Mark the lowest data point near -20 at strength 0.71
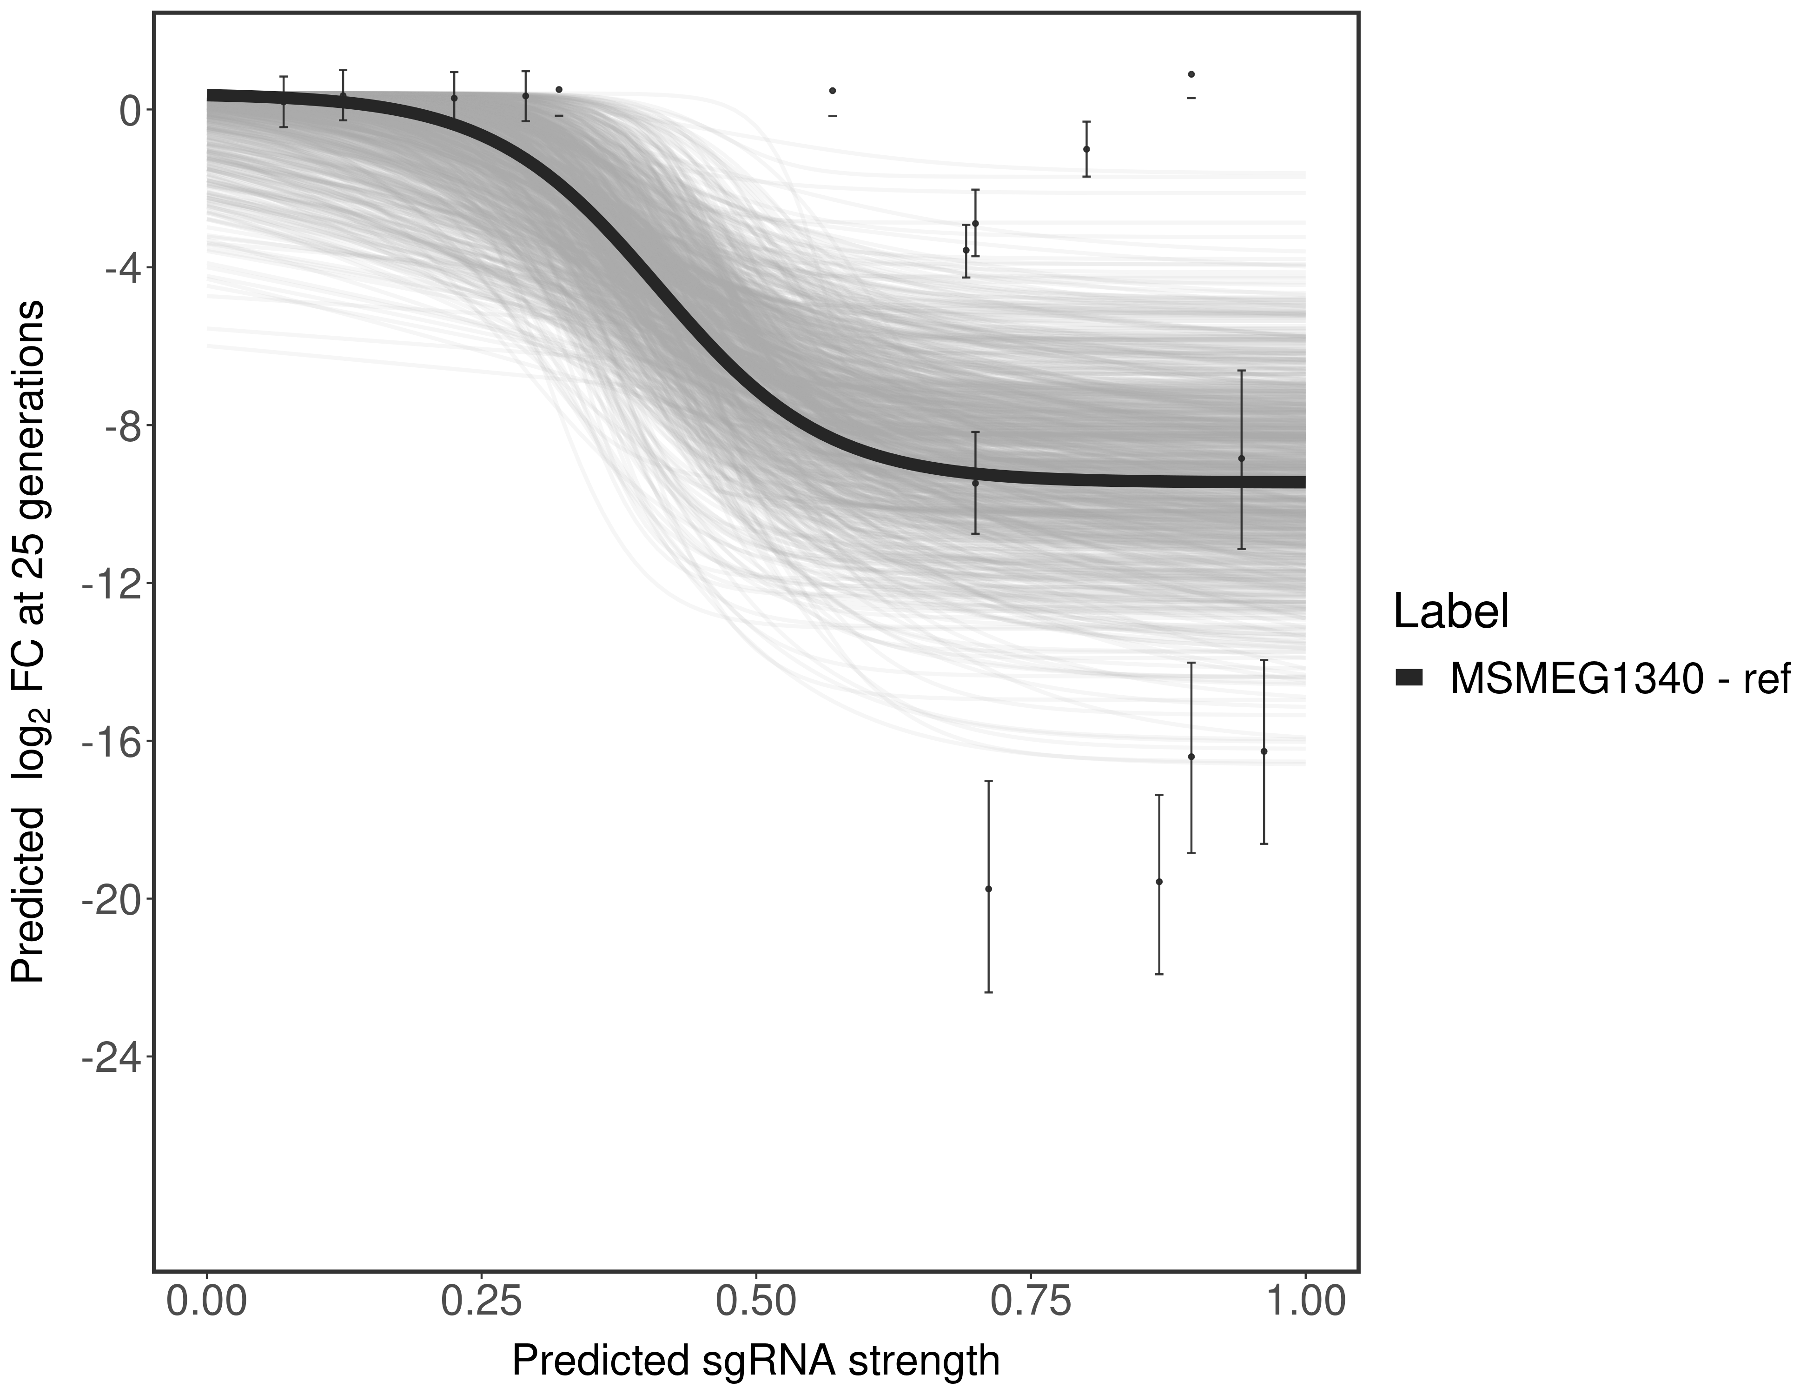(x=988, y=889)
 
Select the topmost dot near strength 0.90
(x=1191, y=74)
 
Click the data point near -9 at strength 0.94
(x=1241, y=458)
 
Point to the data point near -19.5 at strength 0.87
(x=1159, y=882)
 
